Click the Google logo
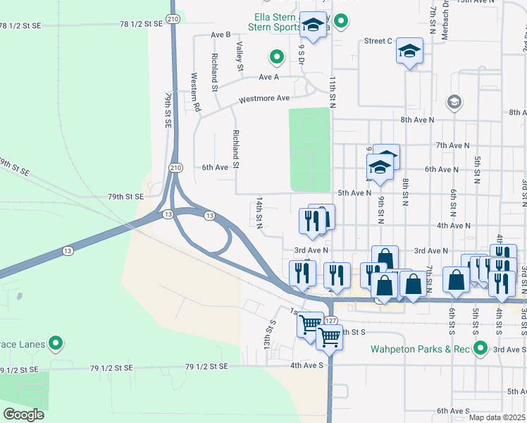tap(23, 415)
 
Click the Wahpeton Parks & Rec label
tap(421, 349)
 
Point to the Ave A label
tap(268, 77)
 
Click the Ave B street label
tap(221, 35)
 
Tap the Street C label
tap(378, 41)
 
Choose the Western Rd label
tap(197, 92)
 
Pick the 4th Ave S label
tap(305, 365)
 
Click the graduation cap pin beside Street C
tap(409, 51)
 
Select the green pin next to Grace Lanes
tap(56, 345)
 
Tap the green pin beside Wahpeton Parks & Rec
tap(480, 348)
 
